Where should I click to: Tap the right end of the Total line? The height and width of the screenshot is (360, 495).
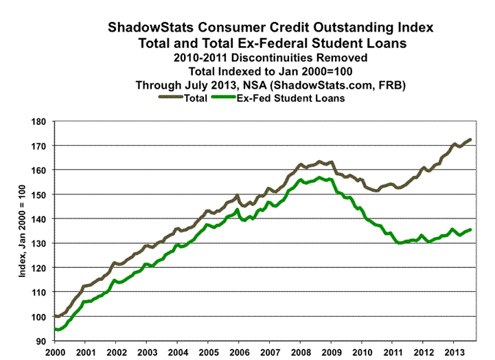click(x=471, y=139)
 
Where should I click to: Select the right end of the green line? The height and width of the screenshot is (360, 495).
click(x=471, y=229)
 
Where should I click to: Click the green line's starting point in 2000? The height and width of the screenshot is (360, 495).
click(x=55, y=328)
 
